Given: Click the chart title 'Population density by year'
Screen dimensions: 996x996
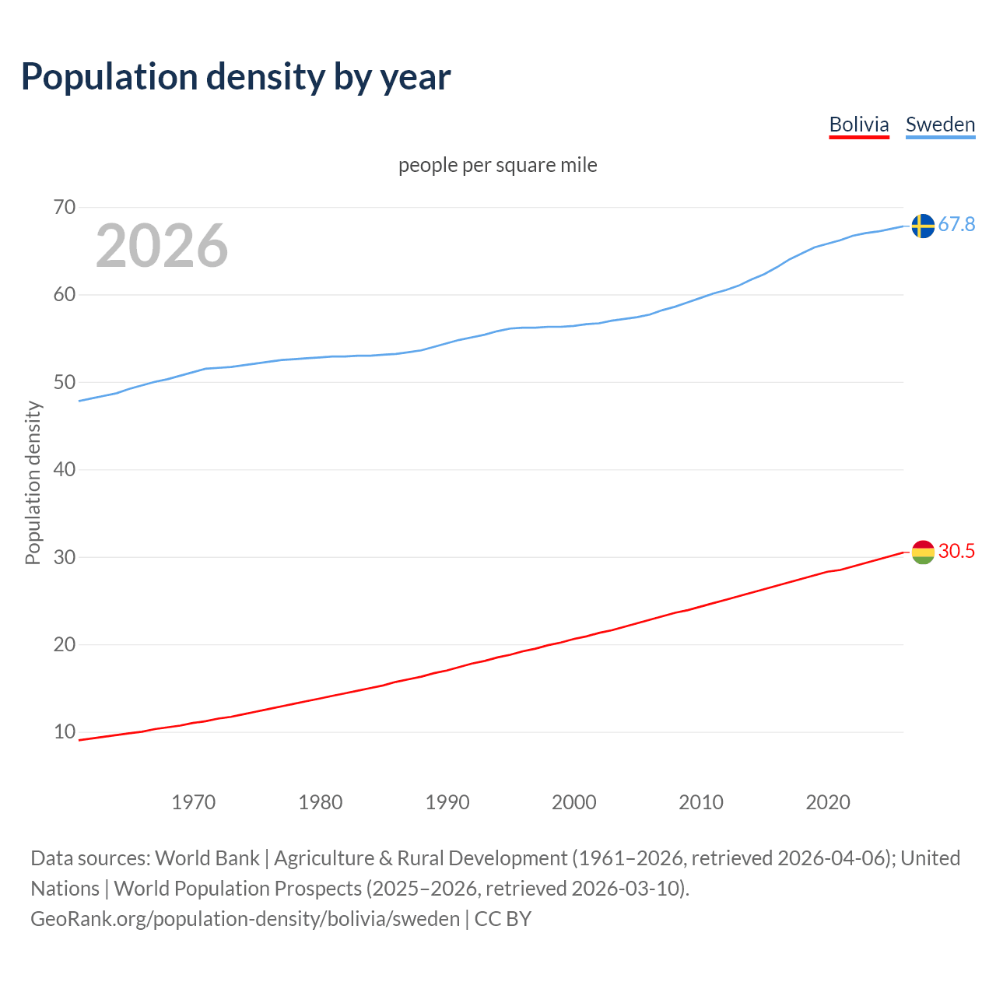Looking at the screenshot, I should (x=236, y=76).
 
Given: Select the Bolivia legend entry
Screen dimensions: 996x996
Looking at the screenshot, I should (x=858, y=124).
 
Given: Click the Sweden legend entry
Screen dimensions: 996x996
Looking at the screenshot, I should (x=940, y=124).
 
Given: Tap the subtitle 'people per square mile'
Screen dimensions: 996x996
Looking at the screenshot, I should (x=497, y=165).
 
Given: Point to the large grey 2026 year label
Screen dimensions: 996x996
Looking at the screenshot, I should (x=162, y=246).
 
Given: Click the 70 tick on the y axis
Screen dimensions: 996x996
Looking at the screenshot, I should (x=65, y=207).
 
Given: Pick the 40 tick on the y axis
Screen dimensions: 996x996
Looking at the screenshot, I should (x=65, y=469).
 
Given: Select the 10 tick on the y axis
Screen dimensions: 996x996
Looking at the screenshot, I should (x=65, y=731).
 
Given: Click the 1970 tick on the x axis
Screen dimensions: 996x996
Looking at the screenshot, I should (x=194, y=802).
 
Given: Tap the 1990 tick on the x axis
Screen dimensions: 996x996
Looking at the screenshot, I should (x=447, y=802).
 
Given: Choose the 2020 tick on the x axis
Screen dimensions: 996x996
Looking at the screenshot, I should (x=828, y=802).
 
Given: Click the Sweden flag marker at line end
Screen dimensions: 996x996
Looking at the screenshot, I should (x=922, y=226).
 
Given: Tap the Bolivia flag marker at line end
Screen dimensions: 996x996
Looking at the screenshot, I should (x=922, y=552).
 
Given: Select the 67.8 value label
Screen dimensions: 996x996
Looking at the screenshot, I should (x=956, y=225).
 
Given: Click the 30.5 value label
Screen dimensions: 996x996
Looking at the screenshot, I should (x=956, y=551).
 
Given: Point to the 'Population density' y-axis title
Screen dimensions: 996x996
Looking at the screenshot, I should (x=33, y=482).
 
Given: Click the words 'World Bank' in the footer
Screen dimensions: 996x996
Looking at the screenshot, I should (x=207, y=857).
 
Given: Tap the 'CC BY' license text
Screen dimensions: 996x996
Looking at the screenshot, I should (x=503, y=918).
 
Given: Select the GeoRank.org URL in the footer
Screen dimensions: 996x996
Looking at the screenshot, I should (x=245, y=918).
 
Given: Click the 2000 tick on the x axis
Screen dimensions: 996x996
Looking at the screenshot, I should (x=574, y=802).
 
